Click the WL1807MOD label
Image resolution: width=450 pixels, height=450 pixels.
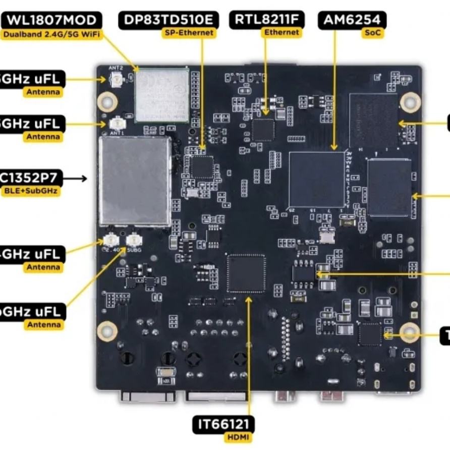51,21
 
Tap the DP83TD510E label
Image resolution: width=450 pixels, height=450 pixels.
169,21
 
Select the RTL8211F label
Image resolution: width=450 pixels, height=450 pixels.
267,20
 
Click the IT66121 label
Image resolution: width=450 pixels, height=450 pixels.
224,424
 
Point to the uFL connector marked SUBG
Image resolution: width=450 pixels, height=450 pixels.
134,241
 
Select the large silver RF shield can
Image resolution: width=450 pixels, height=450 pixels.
135,180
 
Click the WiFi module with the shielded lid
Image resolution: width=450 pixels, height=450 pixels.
161,95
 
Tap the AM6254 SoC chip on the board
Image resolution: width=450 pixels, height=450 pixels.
317,179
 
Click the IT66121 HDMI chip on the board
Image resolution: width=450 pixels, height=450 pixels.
246,273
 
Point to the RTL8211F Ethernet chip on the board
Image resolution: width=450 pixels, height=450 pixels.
263,130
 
